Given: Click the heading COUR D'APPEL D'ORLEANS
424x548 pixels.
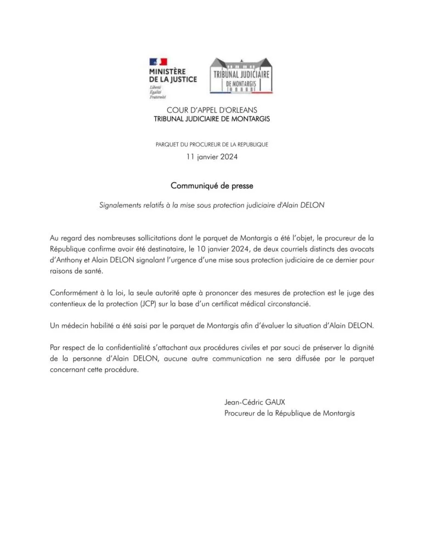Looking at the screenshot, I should pyautogui.click(x=211, y=110).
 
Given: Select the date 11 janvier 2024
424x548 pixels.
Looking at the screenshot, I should pyautogui.click(x=212, y=157).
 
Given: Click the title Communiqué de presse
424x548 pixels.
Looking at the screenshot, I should pyautogui.click(x=212, y=186).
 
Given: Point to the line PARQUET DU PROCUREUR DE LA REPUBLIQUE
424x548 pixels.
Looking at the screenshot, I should pyautogui.click(x=212, y=145).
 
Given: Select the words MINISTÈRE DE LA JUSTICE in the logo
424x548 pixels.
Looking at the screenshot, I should pyautogui.click(x=172, y=76).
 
